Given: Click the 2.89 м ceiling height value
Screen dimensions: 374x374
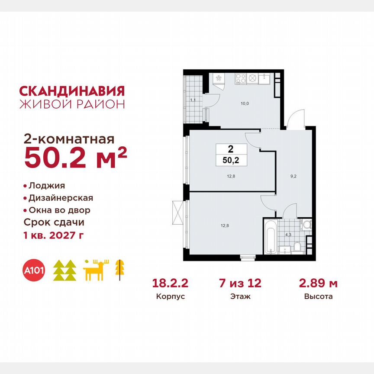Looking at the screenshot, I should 319,284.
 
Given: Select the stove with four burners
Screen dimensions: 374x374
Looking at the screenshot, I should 246,79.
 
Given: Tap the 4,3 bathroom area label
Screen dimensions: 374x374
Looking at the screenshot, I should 288,235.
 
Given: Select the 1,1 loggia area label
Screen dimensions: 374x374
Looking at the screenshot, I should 193,100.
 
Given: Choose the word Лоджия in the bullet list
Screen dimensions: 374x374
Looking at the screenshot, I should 47,186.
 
